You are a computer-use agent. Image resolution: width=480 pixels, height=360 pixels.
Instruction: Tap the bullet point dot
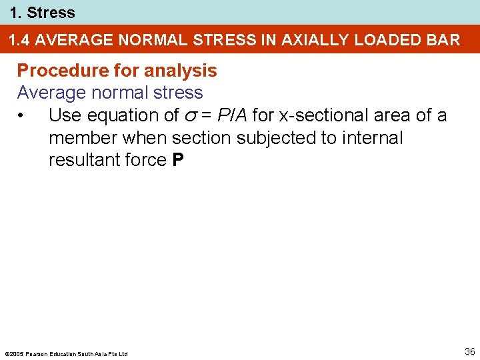pyautogui.click(x=22, y=116)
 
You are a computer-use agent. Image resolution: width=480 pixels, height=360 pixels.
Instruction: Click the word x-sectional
pyautogui.click(x=325, y=115)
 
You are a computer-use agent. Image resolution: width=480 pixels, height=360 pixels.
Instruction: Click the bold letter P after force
pyautogui.click(x=177, y=160)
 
